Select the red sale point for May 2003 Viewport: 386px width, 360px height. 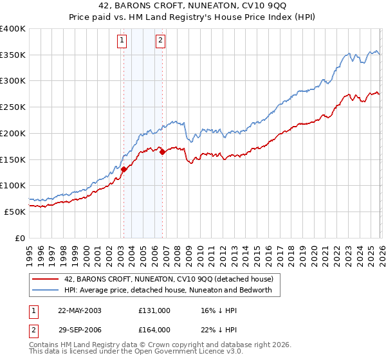[x=124, y=169]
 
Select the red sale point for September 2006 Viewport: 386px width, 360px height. [x=162, y=152]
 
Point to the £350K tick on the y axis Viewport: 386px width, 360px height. [x=13, y=55]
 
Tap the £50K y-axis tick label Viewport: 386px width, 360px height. [x=14, y=212]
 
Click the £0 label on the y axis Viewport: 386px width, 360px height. [x=19, y=238]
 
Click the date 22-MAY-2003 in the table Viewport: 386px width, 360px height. [x=80, y=310]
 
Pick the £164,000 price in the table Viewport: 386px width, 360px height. [x=154, y=330]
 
